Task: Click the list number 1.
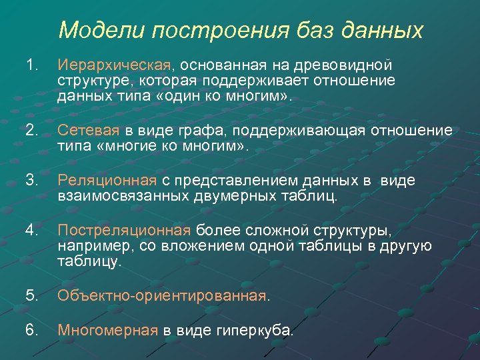(x=30, y=65)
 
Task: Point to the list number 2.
(x=30, y=130)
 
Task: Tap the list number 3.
(x=30, y=181)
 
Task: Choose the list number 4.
(x=30, y=231)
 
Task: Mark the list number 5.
(x=30, y=295)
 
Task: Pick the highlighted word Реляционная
(x=107, y=181)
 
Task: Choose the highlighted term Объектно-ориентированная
(x=161, y=295)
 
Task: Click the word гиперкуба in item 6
(x=253, y=329)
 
